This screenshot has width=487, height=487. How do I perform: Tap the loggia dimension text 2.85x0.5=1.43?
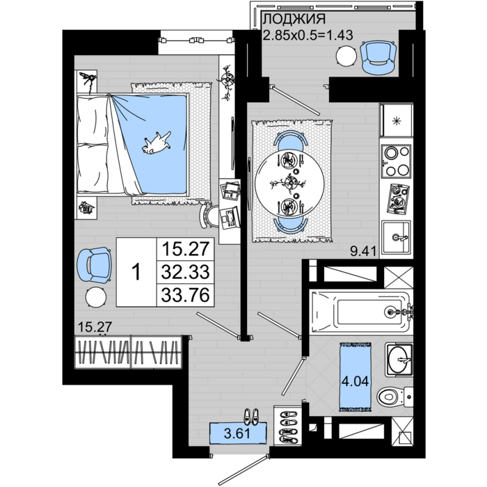(x=304, y=35)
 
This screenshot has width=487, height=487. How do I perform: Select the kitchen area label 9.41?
(x=362, y=251)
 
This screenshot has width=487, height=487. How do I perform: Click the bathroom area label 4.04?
(x=354, y=381)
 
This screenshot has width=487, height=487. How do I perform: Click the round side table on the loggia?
(x=346, y=56)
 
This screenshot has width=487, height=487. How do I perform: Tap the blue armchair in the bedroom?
(x=94, y=265)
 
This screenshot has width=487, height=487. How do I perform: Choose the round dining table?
(x=289, y=183)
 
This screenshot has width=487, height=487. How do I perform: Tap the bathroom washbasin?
(x=399, y=360)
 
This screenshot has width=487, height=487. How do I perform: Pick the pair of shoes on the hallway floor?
(x=252, y=417)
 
